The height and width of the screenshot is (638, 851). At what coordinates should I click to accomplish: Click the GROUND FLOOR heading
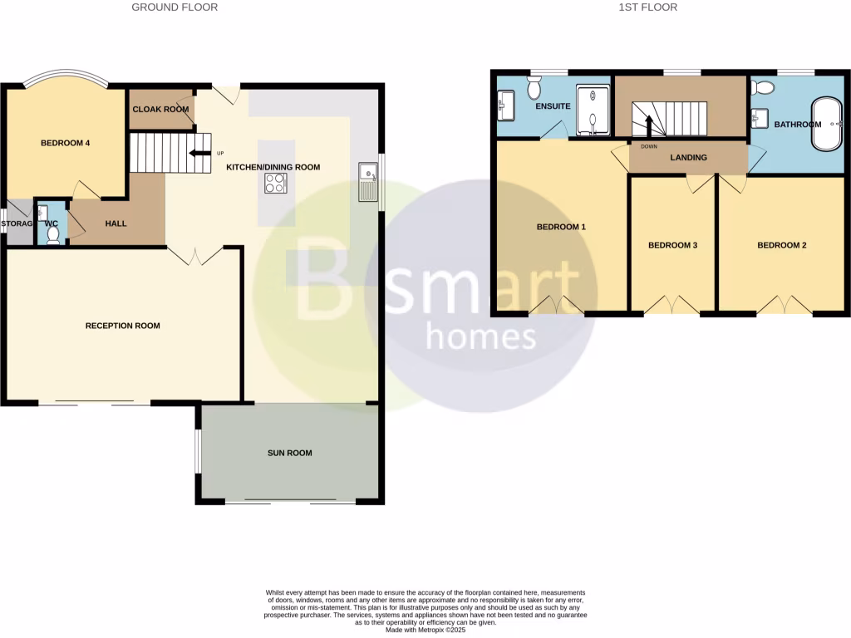click(x=175, y=7)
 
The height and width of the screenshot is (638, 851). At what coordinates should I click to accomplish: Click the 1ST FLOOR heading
click(x=648, y=7)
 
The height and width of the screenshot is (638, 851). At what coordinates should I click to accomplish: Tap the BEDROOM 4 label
click(x=65, y=143)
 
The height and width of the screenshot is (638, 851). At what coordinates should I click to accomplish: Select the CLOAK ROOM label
click(x=160, y=109)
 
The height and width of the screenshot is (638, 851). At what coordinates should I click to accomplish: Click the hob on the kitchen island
click(x=276, y=184)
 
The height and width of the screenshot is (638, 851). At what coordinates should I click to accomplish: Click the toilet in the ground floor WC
click(x=53, y=235)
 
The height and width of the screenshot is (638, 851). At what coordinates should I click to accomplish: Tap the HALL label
click(x=116, y=223)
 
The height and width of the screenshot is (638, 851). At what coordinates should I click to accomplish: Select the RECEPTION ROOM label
click(x=123, y=326)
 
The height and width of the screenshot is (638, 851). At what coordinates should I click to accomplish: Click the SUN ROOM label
click(x=290, y=453)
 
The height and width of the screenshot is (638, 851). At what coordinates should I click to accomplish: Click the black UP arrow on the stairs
click(x=199, y=153)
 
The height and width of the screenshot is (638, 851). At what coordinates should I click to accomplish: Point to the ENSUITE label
click(x=553, y=106)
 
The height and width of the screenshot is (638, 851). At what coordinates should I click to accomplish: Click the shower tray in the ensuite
click(x=594, y=110)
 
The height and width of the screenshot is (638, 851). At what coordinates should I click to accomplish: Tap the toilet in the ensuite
click(x=534, y=86)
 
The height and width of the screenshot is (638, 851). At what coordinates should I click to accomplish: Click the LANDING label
click(x=688, y=157)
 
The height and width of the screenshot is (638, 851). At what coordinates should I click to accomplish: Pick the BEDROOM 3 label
click(x=672, y=245)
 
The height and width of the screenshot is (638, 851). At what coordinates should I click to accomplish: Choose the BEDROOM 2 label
click(x=782, y=245)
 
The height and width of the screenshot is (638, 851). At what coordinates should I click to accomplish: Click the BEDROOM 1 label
click(x=561, y=227)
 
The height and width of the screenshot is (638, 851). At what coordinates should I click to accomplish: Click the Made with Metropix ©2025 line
click(x=425, y=630)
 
